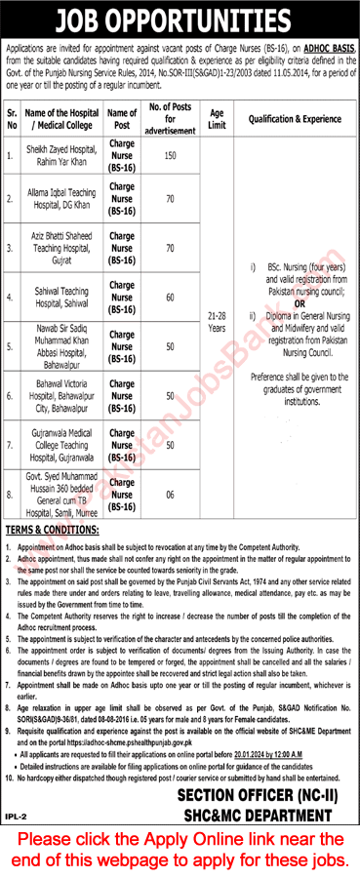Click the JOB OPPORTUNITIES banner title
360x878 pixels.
click(180, 20)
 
